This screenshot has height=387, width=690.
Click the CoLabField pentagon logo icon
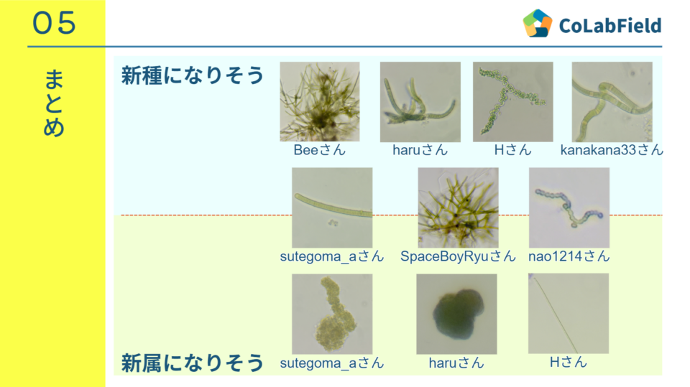[538, 23]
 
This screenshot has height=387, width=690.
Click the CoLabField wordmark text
[610, 26]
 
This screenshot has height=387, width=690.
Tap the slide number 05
[54, 23]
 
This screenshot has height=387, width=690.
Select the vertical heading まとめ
[54, 103]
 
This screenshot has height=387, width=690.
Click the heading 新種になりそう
[193, 75]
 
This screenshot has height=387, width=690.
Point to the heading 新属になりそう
[193, 363]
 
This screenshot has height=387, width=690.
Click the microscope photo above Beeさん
[319, 101]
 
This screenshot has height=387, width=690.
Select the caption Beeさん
[319, 150]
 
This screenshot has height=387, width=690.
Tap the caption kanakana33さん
[612, 150]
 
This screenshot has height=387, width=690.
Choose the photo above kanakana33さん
[612, 101]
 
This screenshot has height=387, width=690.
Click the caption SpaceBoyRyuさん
[458, 256]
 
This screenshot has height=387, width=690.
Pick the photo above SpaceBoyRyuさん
[458, 208]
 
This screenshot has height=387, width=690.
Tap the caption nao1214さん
[569, 256]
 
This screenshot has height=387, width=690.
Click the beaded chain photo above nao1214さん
[569, 208]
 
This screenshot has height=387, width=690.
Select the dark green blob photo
[457, 314]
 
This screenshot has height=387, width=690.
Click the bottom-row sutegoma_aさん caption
[332, 363]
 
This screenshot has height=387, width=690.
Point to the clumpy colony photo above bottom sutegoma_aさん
[332, 314]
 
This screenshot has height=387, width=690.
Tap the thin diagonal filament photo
[569, 313]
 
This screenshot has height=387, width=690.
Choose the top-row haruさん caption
[420, 150]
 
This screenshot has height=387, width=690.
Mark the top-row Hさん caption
[512, 150]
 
